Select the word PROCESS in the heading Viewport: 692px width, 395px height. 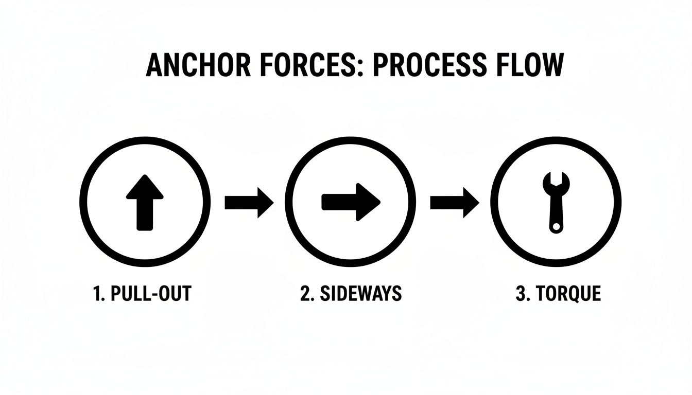coord(423,66)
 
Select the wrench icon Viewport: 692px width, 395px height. coord(556,203)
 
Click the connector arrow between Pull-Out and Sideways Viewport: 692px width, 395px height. coord(249,202)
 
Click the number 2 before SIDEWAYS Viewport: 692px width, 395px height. coord(304,294)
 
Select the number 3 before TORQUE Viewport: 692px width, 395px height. coord(520,294)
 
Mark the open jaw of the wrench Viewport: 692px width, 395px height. coord(556,179)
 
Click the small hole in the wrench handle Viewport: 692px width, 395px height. coord(556,226)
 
